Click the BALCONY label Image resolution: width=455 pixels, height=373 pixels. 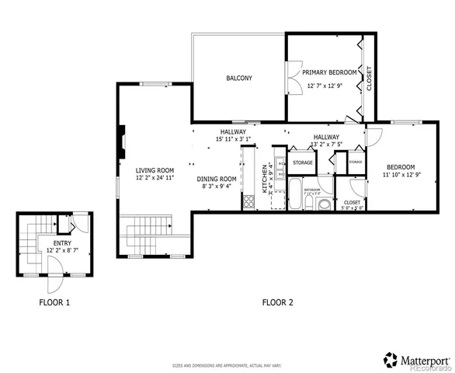(x=238, y=78)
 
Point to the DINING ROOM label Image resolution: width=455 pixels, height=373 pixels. (x=217, y=178)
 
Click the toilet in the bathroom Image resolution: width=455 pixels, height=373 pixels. (x=309, y=204)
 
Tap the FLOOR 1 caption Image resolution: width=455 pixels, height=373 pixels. (x=54, y=302)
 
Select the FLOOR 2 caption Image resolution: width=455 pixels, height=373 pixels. (x=277, y=302)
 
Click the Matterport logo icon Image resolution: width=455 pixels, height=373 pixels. (x=390, y=359)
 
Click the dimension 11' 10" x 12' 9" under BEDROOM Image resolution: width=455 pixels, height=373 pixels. (x=401, y=176)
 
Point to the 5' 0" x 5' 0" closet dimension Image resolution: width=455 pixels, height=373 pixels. (x=353, y=207)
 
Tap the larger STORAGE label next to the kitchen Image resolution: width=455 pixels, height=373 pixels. (x=302, y=162)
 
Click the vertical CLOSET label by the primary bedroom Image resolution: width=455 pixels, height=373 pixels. (x=369, y=78)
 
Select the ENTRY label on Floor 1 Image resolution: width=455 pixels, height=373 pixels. (x=61, y=243)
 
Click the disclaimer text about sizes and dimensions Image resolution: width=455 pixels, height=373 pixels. (x=227, y=364)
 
